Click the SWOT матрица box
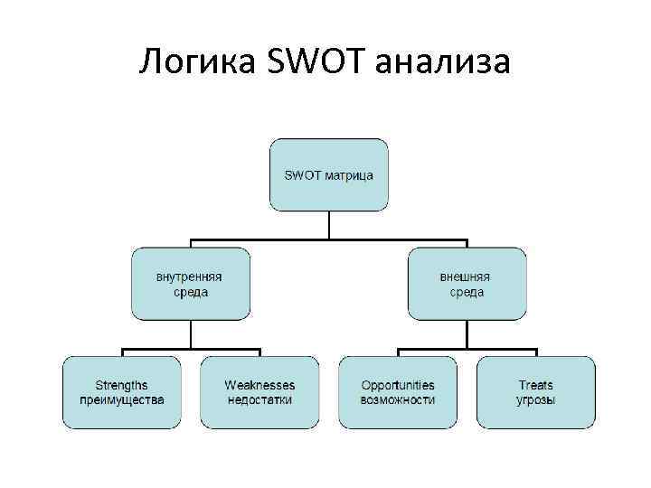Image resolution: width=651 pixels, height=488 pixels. click(329, 174)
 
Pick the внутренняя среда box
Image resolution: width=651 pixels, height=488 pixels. click(190, 284)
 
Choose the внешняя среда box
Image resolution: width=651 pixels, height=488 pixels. click(467, 284)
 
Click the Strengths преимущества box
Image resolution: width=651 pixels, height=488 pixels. click(121, 392)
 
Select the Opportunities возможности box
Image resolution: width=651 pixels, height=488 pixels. click(398, 392)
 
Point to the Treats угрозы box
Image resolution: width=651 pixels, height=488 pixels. click(535, 392)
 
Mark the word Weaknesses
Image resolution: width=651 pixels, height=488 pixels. click(259, 385)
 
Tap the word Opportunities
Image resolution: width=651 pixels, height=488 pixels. click(398, 385)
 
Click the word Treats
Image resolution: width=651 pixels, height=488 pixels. click(536, 385)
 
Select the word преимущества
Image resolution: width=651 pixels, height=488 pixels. click(122, 399)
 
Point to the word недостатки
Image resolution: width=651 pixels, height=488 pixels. click(259, 399)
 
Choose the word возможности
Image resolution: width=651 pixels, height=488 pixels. click(398, 399)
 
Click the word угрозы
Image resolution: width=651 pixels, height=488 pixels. click(536, 399)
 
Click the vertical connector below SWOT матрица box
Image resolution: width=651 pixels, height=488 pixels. click(329, 225)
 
